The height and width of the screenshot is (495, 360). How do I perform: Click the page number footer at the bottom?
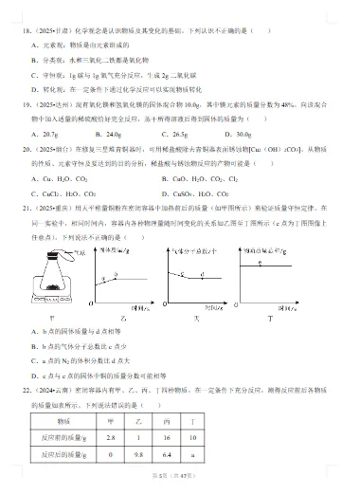click(179, 486)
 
